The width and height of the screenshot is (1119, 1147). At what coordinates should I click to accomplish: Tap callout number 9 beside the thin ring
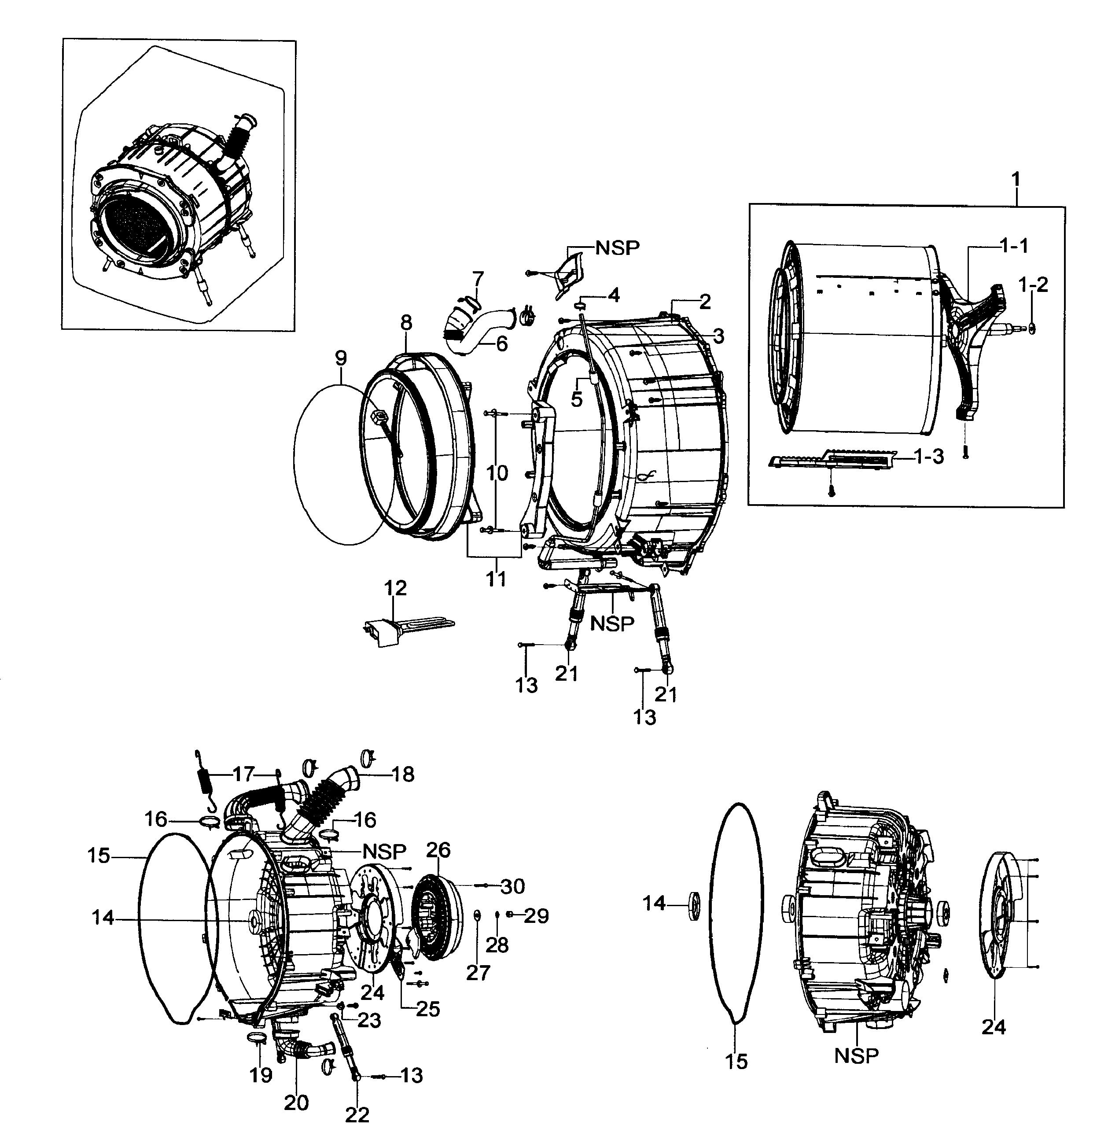click(x=341, y=358)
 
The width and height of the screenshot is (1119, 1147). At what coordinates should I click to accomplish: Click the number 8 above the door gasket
click(x=406, y=323)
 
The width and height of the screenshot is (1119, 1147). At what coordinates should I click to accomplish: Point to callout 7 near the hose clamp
click(x=478, y=277)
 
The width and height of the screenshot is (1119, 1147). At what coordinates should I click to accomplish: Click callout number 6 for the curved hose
click(x=501, y=344)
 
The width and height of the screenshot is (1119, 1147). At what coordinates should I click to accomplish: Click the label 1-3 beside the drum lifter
click(x=929, y=456)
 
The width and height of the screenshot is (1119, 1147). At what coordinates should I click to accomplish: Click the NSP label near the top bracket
click(x=617, y=248)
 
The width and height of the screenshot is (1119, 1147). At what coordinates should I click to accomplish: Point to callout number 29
click(x=535, y=915)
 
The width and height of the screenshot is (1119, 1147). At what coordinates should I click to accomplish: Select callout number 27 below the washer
click(x=478, y=973)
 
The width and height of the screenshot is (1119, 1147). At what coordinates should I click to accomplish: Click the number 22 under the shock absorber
click(x=357, y=1115)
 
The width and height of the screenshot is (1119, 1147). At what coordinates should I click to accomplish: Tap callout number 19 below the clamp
click(x=261, y=1075)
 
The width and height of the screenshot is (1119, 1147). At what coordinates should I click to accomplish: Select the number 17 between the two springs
click(x=243, y=774)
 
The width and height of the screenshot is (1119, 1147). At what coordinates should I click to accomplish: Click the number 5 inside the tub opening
click(x=577, y=399)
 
